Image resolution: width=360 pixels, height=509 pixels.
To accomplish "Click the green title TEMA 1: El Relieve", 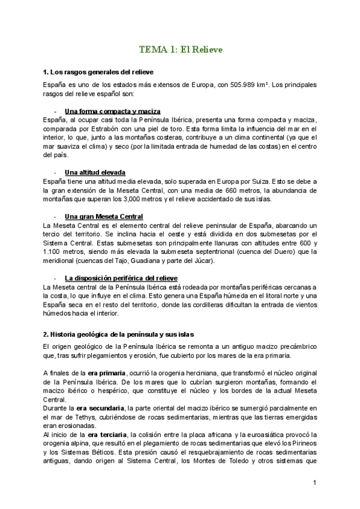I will [x=181, y=50].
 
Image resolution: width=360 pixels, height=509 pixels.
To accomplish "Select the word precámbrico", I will [x=297, y=347].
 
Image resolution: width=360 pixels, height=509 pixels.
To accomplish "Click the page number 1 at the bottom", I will [x=314, y=482].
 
